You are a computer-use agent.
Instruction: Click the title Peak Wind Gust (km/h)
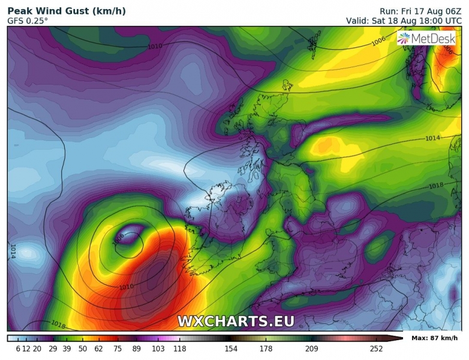coord(66,10)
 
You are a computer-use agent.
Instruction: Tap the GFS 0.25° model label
coord(28,20)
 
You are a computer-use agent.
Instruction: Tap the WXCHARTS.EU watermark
coord(236,321)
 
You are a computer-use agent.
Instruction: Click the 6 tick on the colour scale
coord(19,348)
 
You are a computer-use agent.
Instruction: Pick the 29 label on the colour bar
coord(53,348)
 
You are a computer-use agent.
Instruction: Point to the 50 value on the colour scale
coord(83,348)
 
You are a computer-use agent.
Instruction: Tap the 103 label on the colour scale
coord(158,348)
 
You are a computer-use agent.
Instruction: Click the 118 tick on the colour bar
coord(179,348)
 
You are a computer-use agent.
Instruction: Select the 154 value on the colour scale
coord(231,348)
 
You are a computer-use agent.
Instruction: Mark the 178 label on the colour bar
coord(266,348)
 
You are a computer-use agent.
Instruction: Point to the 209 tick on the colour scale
coord(311,348)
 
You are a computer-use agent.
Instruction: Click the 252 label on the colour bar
coord(376,348)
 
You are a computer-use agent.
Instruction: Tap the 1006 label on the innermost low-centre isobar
coord(118,237)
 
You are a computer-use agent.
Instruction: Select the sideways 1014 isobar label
coord(13,250)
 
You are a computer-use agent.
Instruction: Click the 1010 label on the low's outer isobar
coord(126,287)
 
